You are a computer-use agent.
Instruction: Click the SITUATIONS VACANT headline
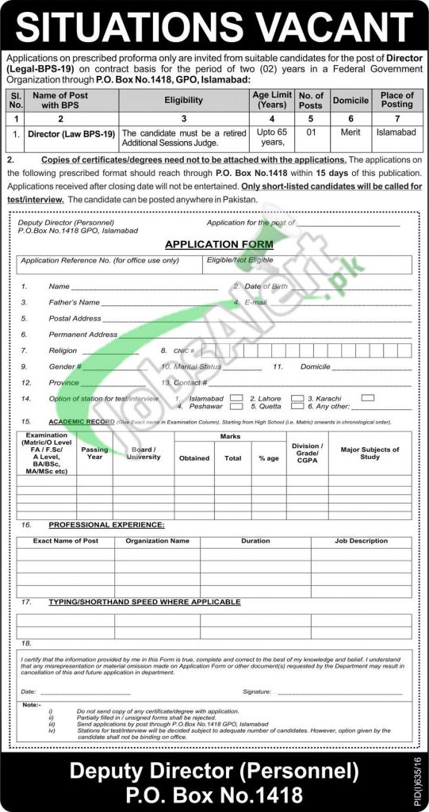tap(214, 26)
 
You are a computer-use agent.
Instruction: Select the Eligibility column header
tap(183, 101)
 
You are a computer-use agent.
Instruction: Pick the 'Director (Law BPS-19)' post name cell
tap(71, 134)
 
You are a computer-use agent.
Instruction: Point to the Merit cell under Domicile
tap(350, 134)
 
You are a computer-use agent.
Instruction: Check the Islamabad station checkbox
tap(236, 396)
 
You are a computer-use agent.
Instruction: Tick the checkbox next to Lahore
tap(297, 396)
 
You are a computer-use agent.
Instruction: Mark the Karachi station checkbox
tap(367, 396)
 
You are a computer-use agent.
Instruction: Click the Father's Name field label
tap(74, 302)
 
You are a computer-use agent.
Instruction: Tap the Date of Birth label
tap(264, 285)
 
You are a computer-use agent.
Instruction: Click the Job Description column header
tap(361, 541)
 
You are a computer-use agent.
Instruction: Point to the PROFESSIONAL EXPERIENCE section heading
tap(106, 525)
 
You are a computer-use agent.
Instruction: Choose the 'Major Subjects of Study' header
tap(370, 454)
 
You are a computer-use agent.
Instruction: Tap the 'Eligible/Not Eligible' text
tap(239, 259)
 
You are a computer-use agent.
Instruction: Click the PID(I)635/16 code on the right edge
tap(419, 781)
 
